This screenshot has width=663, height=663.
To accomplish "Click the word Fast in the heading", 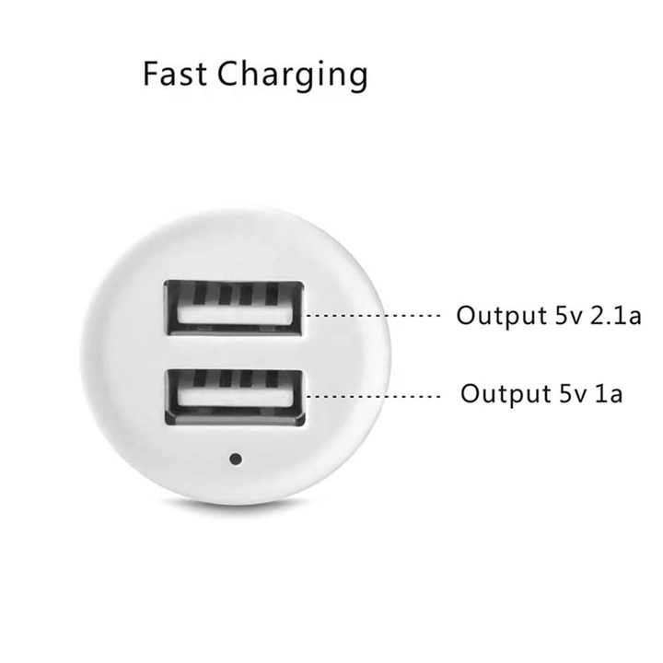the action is [x=175, y=74].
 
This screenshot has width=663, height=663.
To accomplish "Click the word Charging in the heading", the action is [x=292, y=76].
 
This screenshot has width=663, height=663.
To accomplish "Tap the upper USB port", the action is [x=234, y=308].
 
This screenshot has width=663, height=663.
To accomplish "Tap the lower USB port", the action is [x=235, y=397].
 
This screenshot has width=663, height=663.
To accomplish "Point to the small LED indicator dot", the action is [x=236, y=459].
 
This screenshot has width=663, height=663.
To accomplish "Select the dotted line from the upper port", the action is [x=373, y=316].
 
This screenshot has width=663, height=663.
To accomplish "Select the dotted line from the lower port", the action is [x=373, y=396].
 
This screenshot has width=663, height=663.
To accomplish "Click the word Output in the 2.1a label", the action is [x=502, y=316].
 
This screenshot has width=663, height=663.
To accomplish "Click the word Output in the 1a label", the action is [x=506, y=394].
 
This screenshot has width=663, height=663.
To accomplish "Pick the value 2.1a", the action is [x=616, y=316].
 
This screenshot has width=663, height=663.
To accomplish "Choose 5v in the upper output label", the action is [x=569, y=316].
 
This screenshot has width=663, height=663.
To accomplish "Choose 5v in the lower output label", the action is [x=574, y=394].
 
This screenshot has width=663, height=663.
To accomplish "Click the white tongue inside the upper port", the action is [x=235, y=314].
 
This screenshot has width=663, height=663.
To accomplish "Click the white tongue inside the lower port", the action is [x=236, y=397].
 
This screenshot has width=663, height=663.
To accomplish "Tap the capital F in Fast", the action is [x=151, y=74].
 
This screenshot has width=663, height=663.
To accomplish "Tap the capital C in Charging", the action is [x=228, y=74].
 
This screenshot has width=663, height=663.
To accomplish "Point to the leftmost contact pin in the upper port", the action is [x=201, y=292].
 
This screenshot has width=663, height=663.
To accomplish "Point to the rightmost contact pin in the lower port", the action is [x=273, y=378].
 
